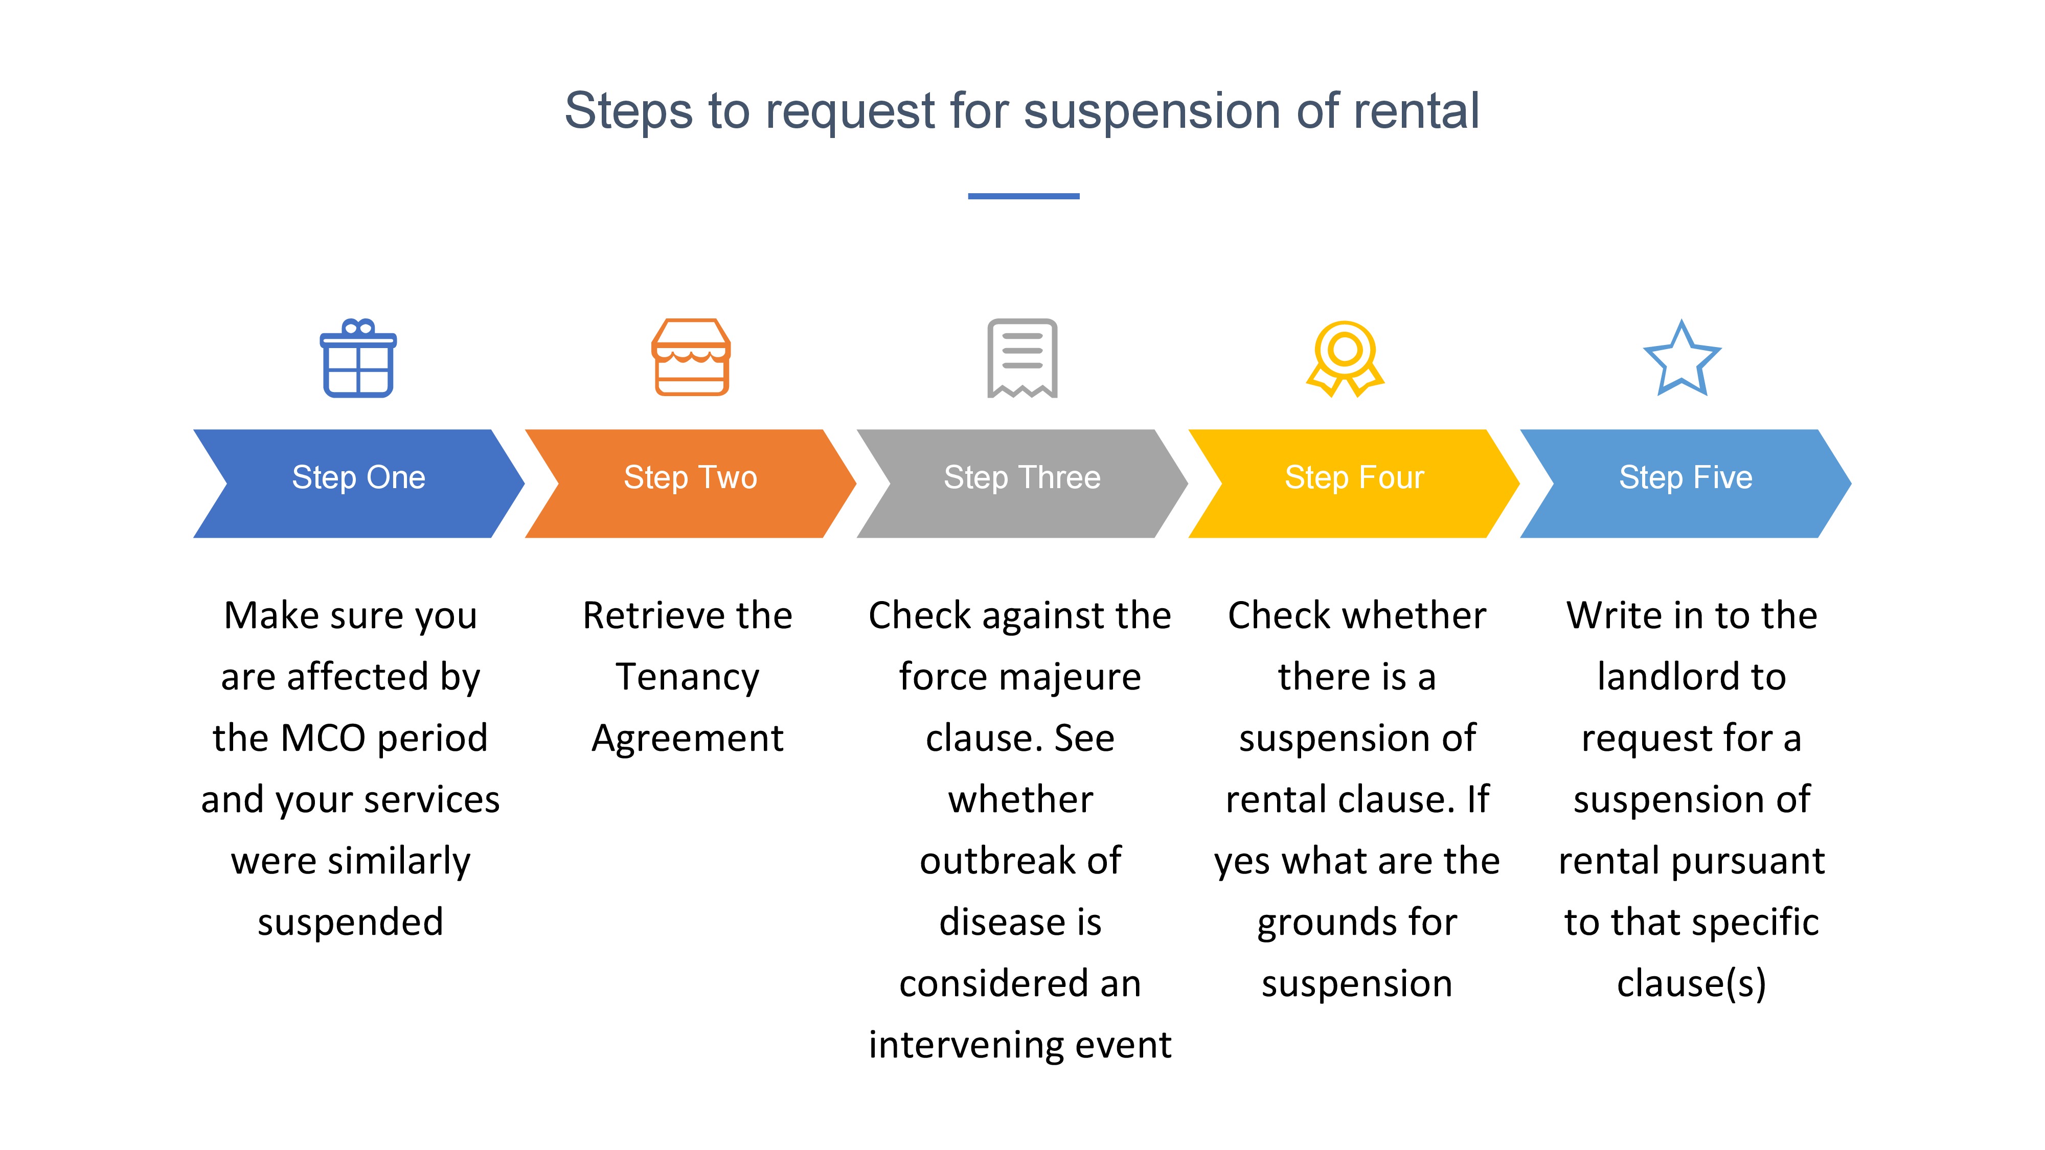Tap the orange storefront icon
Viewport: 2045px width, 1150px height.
(691, 357)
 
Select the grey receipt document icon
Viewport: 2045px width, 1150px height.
(1022, 358)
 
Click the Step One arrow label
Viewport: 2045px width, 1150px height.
(359, 478)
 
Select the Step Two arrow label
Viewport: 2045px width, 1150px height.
(691, 478)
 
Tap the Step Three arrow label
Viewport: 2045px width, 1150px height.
(1022, 478)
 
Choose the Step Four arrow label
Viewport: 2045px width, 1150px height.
(1354, 478)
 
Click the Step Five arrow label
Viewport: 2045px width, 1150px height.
(1686, 478)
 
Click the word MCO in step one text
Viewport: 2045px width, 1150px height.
(322, 738)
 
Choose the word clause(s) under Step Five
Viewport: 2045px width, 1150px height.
(1692, 984)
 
